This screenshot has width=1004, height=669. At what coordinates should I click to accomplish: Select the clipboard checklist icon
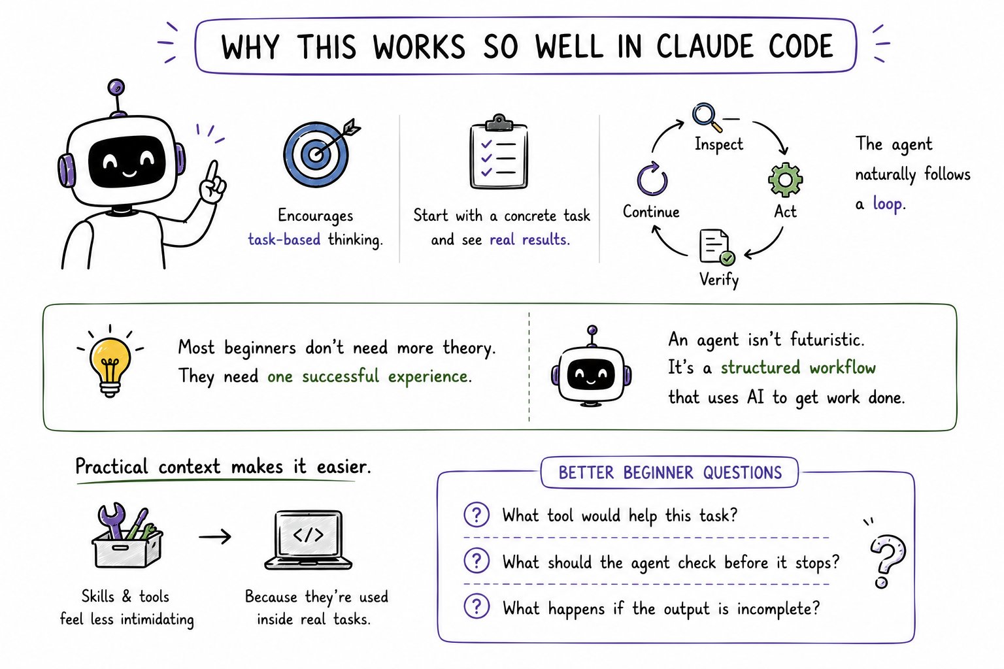click(x=499, y=152)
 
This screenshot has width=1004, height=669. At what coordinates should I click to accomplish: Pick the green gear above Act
click(x=785, y=180)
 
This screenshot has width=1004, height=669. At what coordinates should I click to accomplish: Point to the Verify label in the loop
click(x=719, y=280)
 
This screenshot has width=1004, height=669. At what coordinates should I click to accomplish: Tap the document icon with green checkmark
click(x=716, y=248)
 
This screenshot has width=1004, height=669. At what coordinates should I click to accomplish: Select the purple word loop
click(x=888, y=203)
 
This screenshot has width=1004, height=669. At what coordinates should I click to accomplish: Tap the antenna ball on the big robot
click(x=116, y=87)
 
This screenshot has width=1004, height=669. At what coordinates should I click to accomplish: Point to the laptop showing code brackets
click(x=309, y=540)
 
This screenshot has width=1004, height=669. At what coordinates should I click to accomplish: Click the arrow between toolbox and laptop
click(x=215, y=536)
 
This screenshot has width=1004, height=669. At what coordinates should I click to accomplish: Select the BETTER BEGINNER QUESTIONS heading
click(x=670, y=472)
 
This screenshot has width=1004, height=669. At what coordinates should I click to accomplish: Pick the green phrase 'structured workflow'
click(x=798, y=368)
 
